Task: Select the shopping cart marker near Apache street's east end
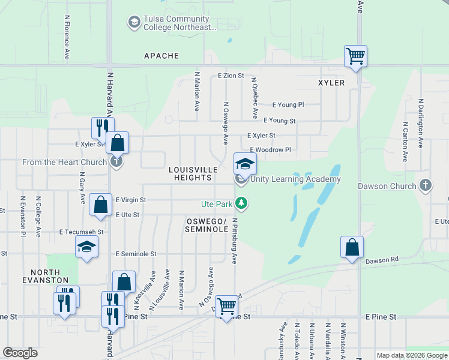tap(355, 56)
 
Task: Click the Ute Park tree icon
tap(241, 204)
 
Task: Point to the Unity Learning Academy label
tap(295, 179)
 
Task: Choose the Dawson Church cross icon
tap(426, 185)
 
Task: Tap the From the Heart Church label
tap(64, 162)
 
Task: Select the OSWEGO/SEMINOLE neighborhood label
tap(206, 225)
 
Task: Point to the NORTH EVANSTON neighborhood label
tap(25, 275)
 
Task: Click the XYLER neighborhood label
tap(332, 83)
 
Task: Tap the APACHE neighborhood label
tap(161, 56)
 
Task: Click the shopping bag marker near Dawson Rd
tap(352, 247)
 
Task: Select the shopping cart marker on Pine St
tap(227, 307)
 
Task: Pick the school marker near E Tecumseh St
tap(87, 247)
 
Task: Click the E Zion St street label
tap(231, 76)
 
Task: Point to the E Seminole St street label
tap(136, 254)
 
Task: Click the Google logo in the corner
tap(20, 353)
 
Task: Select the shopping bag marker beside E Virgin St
tap(100, 204)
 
